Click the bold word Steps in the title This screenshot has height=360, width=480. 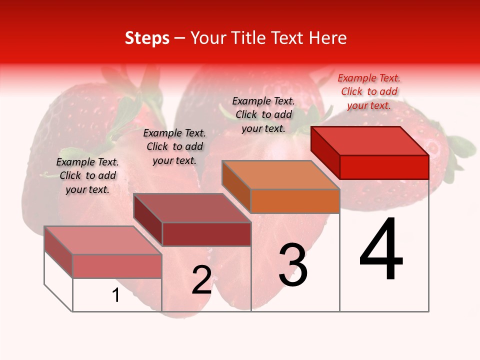pos(147,38)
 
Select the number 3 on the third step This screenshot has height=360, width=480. pos(292,265)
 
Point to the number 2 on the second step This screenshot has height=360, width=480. pos(202,280)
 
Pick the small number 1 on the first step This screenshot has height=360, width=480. pos(116,295)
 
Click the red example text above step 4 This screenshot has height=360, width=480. pos(369,91)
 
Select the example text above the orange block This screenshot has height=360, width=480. pos(263,114)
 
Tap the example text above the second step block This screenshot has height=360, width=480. pos(174,146)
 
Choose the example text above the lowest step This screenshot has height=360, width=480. pos(87,175)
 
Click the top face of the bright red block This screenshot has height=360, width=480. pos(370,140)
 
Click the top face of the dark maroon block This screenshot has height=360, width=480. pos(192,208)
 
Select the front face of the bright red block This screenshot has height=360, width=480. pos(384,167)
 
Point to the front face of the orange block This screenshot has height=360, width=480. pos(295,201)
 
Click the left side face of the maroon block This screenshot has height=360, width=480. pos(148,220)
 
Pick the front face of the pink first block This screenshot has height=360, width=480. pos(117,266)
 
